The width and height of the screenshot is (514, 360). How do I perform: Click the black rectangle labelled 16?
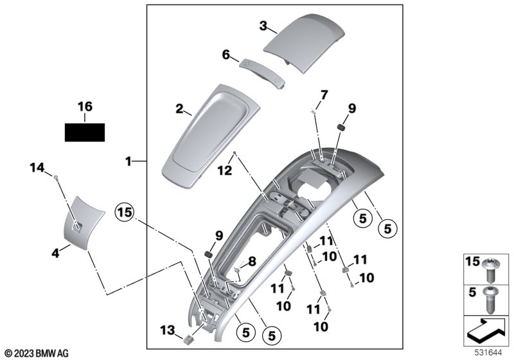pyautogui.click(x=85, y=132)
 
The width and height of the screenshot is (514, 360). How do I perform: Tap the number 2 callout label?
pyautogui.click(x=179, y=109)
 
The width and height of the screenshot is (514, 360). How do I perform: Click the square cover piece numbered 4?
pyautogui.click(x=84, y=223)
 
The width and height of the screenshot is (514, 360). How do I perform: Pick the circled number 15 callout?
pyautogui.click(x=125, y=212)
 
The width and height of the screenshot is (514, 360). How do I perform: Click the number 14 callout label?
pyautogui.click(x=37, y=168)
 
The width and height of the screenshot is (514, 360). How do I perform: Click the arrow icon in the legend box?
pyautogui.click(x=486, y=330)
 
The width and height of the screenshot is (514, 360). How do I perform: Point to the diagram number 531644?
pyautogui.click(x=488, y=353)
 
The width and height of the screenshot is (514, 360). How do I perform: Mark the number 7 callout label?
pyautogui.click(x=323, y=95)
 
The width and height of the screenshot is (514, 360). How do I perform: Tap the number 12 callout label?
pyautogui.click(x=225, y=170)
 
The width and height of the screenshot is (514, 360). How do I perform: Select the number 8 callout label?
pyautogui.click(x=252, y=261)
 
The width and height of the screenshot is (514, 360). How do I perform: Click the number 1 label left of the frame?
pyautogui.click(x=128, y=161)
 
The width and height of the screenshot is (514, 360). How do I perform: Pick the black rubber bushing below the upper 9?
pyautogui.click(x=342, y=127)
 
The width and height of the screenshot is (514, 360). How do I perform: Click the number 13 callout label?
pyautogui.click(x=167, y=330)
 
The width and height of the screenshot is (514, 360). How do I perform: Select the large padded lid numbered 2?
pyautogui.click(x=211, y=137)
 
